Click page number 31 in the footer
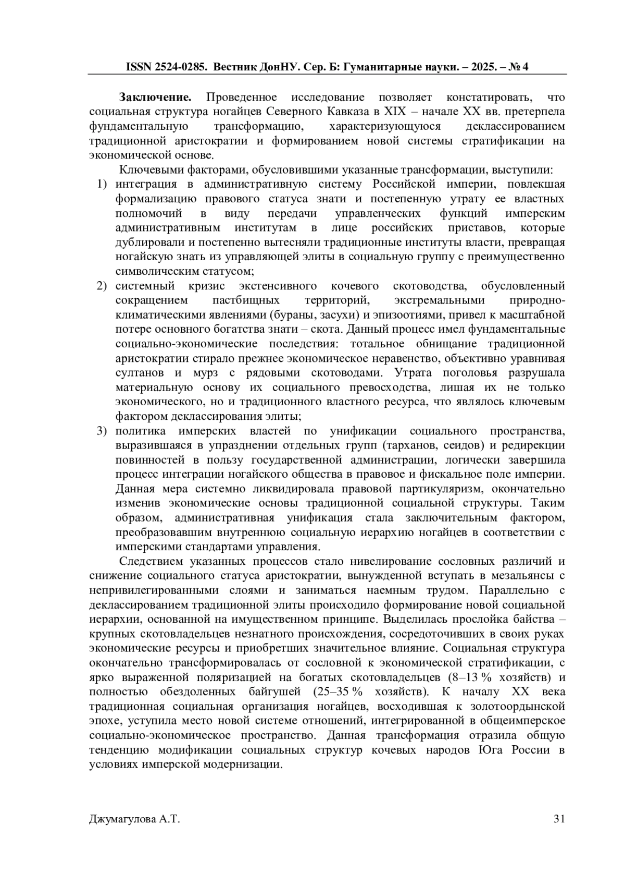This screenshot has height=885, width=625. pyautogui.click(x=559, y=819)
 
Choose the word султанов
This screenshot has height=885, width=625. pyautogui.click(x=140, y=373)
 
